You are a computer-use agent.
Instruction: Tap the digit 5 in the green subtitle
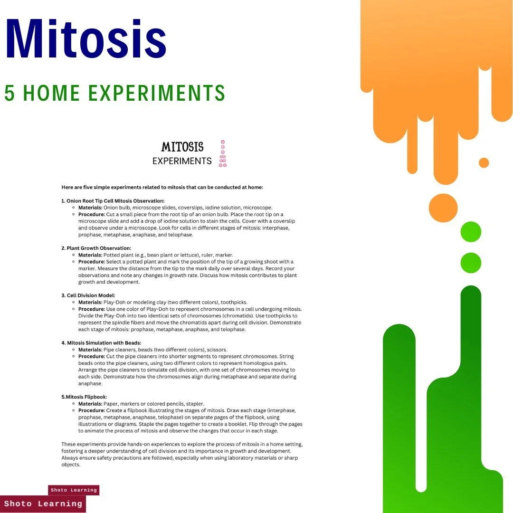point(9,93)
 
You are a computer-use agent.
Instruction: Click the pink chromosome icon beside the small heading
point(222,153)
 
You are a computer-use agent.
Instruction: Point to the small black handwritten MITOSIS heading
point(182,147)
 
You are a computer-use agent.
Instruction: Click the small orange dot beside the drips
point(484,162)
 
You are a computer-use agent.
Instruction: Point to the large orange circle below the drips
point(443,208)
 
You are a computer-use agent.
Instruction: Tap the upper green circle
point(471,232)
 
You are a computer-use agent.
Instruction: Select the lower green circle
point(471,263)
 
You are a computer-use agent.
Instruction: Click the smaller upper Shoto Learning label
point(74,490)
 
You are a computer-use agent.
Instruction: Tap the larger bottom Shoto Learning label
point(43,503)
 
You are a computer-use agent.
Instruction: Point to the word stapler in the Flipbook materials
point(194,404)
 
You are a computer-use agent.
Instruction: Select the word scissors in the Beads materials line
point(217,350)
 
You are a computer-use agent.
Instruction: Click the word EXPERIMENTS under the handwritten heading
point(182,161)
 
